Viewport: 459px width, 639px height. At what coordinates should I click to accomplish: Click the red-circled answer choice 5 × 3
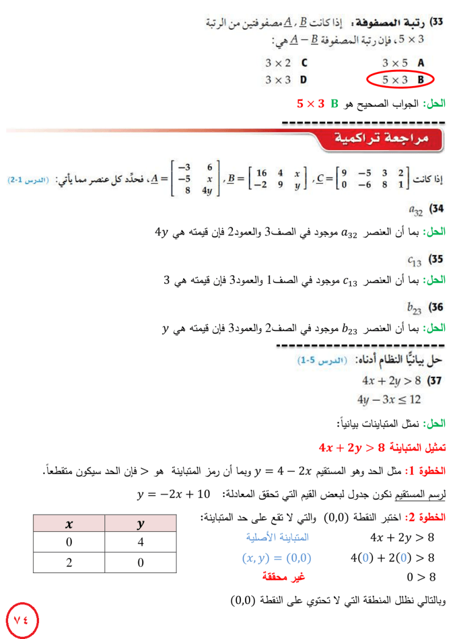pyautogui.click(x=400, y=80)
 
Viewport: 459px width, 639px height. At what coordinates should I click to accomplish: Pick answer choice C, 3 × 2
pyautogui.click(x=286, y=63)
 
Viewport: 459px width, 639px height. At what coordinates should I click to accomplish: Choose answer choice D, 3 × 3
pyautogui.click(x=286, y=80)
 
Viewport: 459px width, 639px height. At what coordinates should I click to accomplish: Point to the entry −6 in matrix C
pyautogui.click(x=364, y=185)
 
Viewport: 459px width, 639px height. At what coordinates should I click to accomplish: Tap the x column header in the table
pyautogui.click(x=69, y=524)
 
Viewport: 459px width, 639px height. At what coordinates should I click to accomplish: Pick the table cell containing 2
pyautogui.click(x=69, y=563)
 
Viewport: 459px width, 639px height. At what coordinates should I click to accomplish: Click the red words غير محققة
pyautogui.click(x=283, y=576)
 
